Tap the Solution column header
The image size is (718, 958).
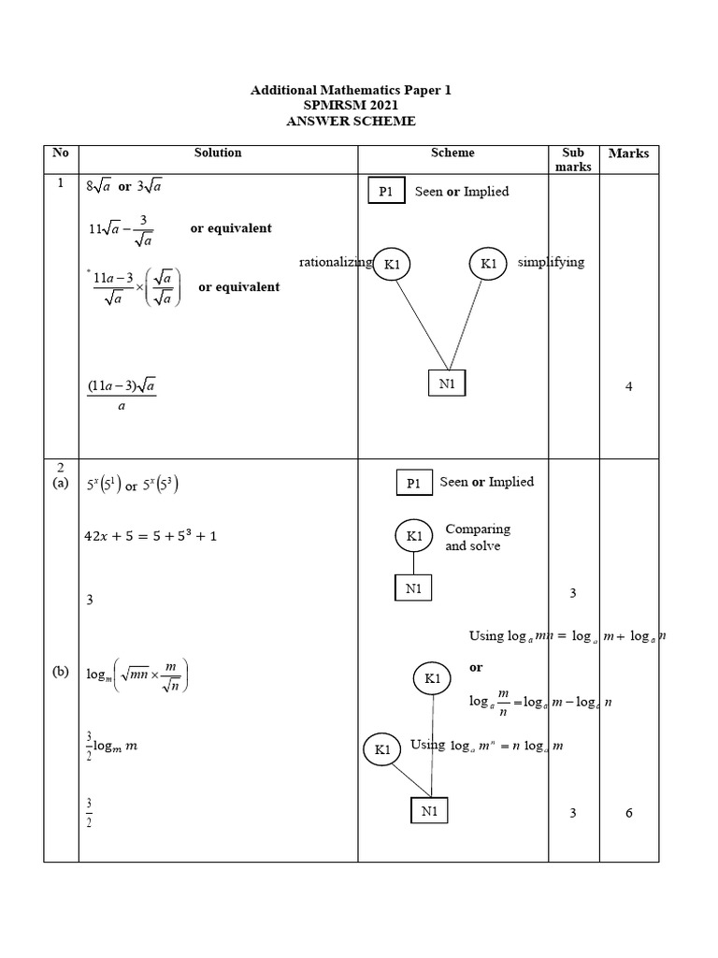(218, 152)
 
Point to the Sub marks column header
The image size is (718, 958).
(572, 159)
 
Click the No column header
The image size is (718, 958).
(61, 152)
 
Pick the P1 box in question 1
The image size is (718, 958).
(385, 192)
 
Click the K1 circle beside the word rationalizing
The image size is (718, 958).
(392, 265)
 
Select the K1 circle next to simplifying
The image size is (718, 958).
(488, 264)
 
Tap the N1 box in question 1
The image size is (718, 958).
(446, 384)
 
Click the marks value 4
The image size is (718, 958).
(629, 387)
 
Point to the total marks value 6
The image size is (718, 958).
(629, 813)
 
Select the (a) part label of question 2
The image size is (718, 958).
(61, 483)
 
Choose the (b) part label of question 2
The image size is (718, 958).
(61, 672)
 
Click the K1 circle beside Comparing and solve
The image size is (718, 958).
(414, 536)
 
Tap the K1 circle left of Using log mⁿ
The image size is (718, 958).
(381, 749)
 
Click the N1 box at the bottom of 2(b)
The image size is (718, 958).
(429, 811)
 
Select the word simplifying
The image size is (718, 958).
(551, 262)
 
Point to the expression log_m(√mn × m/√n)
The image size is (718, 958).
(138, 675)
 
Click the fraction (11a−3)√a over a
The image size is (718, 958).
(122, 395)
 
